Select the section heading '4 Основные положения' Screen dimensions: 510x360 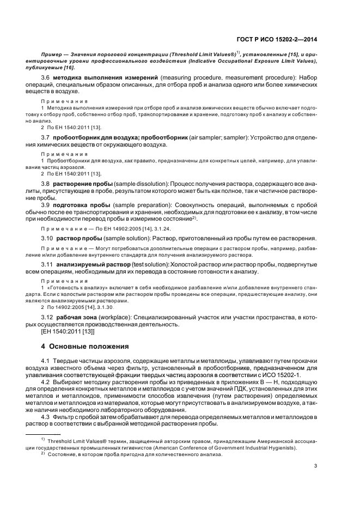(x=85, y=346)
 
